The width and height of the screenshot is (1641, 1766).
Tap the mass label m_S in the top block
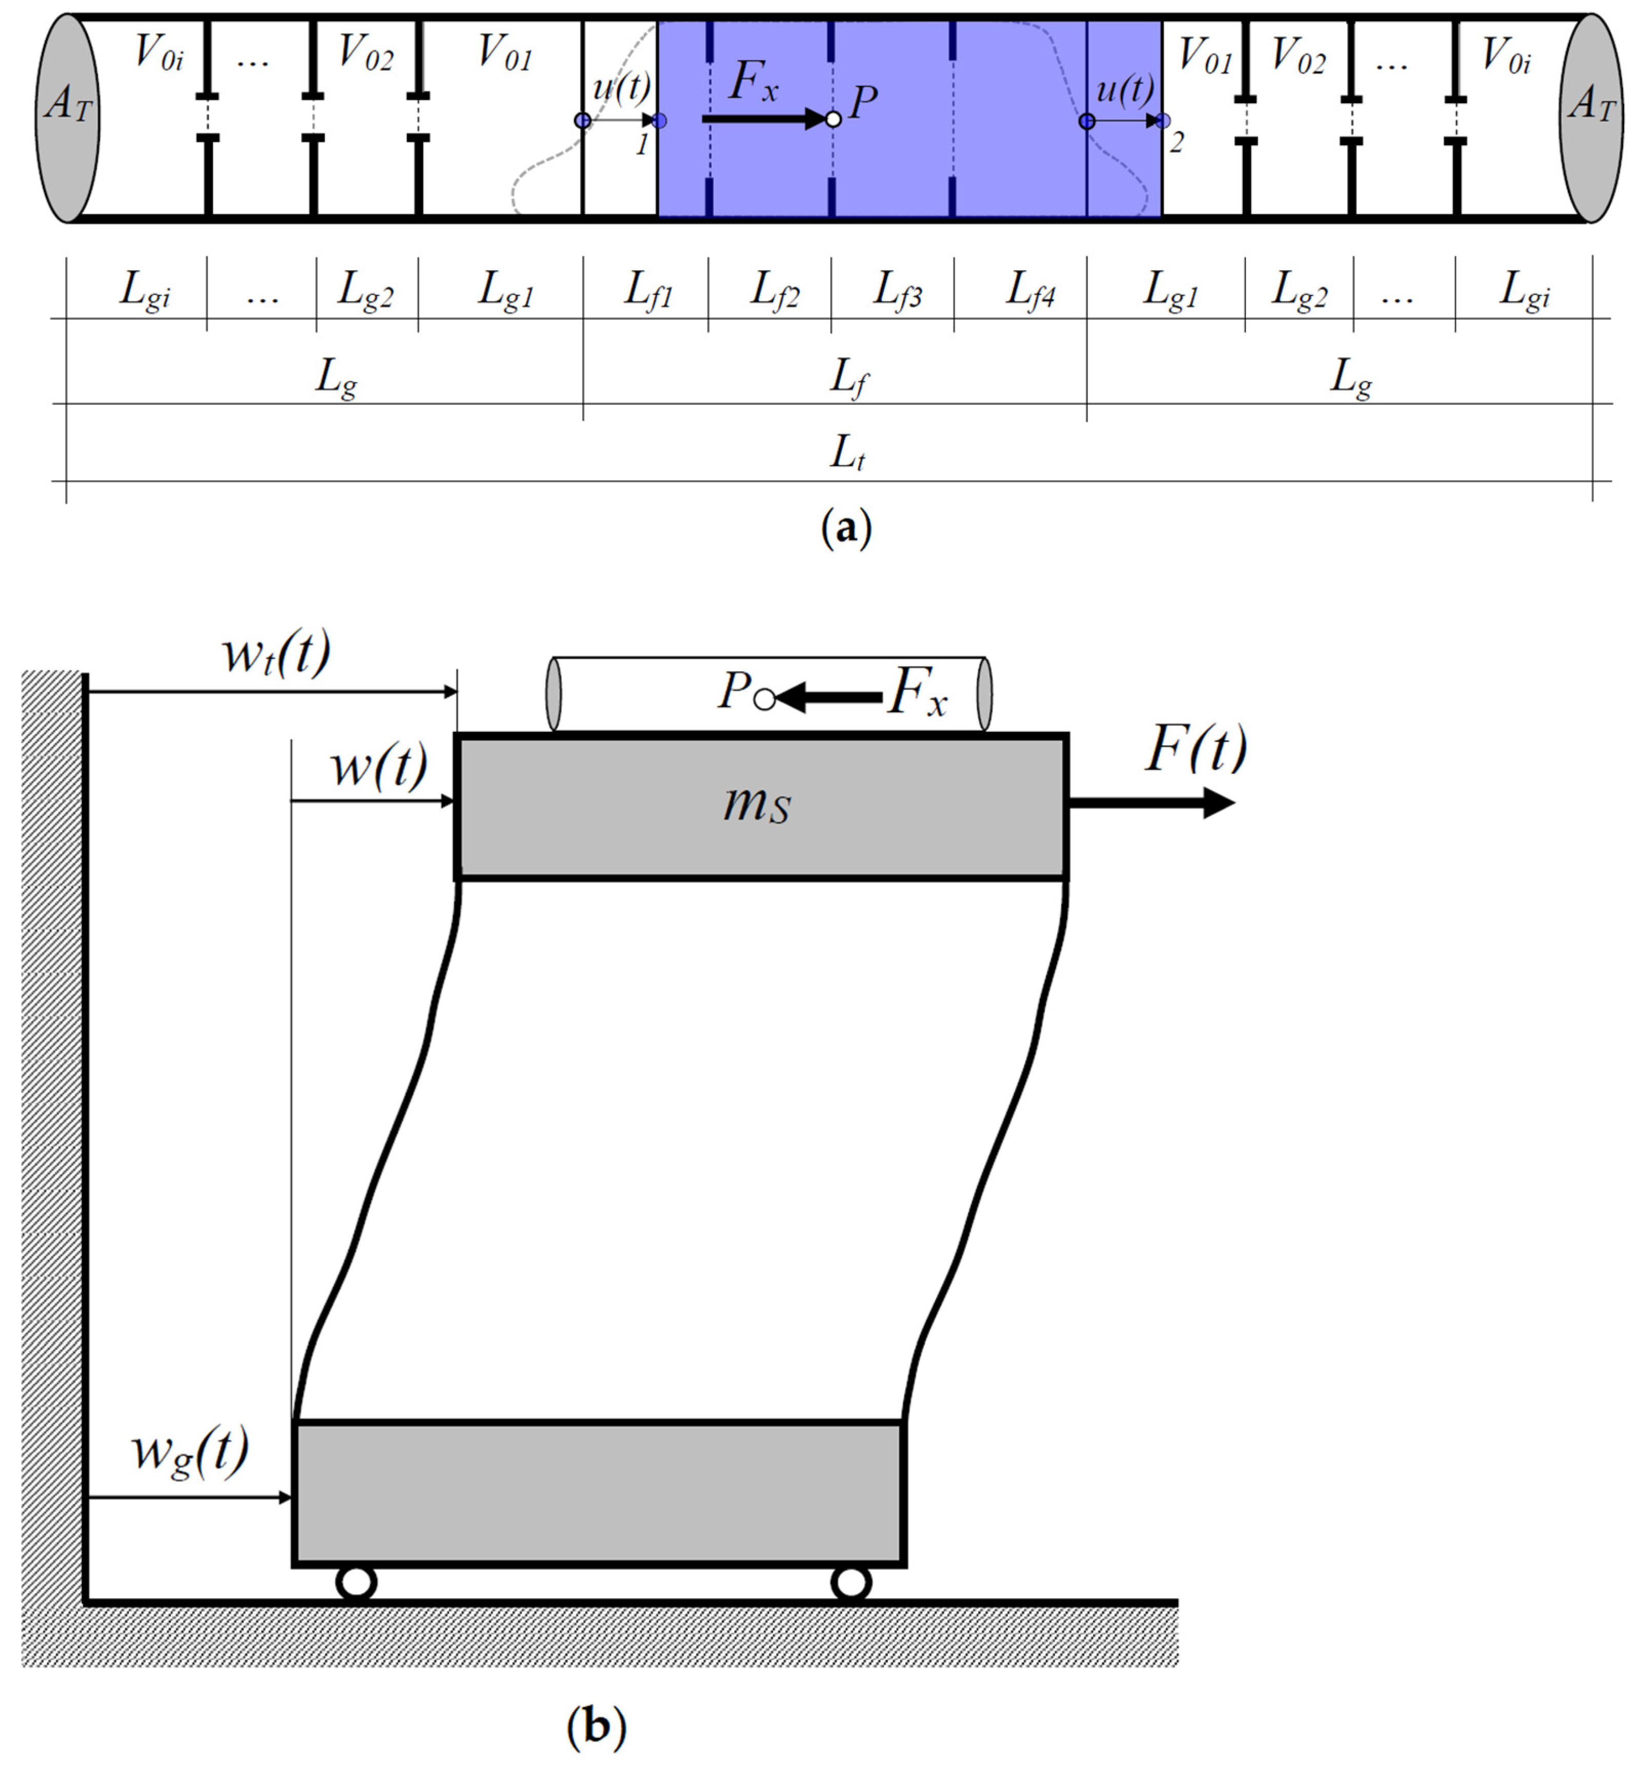coord(757,805)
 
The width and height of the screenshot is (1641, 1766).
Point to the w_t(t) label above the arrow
coord(275,654)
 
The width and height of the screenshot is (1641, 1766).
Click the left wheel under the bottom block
coord(356,1582)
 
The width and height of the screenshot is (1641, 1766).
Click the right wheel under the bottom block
coord(850,1582)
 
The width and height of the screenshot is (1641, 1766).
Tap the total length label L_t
coord(846,454)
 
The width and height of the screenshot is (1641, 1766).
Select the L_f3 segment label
coord(897,291)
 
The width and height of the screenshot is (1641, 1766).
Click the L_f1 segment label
coord(648,291)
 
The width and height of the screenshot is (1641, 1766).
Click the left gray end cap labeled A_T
coord(68,118)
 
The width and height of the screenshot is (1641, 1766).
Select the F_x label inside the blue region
coord(753,83)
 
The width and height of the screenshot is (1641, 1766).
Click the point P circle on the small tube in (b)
coord(764,700)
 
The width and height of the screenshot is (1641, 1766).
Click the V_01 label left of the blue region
coord(504,52)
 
